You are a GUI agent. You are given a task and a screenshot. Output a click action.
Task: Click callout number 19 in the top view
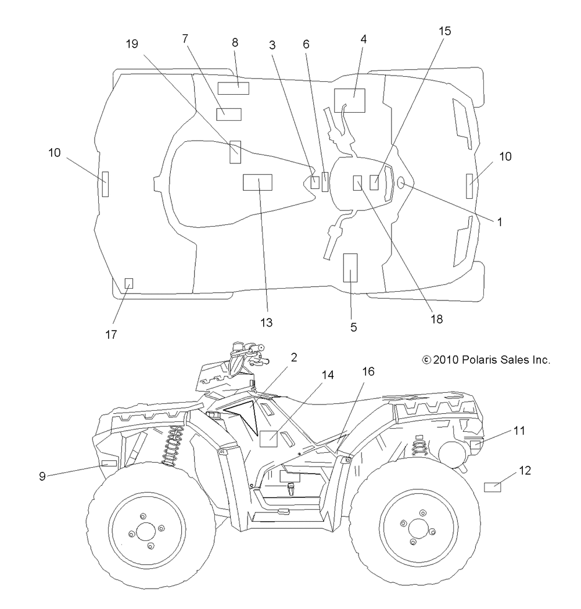pyautogui.click(x=132, y=44)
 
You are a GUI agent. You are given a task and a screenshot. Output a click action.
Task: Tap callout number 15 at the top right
pyautogui.click(x=444, y=31)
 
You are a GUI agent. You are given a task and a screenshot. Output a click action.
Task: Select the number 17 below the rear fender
pyautogui.click(x=111, y=334)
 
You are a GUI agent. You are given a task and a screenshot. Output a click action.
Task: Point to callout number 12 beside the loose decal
pyautogui.click(x=525, y=470)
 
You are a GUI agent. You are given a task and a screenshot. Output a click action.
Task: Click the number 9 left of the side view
pyautogui.click(x=42, y=476)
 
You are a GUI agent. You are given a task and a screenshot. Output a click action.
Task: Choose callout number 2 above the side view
pyautogui.click(x=294, y=357)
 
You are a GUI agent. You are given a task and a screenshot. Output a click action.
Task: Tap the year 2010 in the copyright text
pyautogui.click(x=446, y=360)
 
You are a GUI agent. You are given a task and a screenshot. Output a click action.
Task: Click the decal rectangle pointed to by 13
pyautogui.click(x=257, y=182)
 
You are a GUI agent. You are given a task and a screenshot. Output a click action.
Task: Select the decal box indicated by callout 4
pyautogui.click(x=350, y=100)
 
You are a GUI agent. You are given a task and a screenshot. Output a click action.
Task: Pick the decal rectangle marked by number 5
pyautogui.click(x=350, y=268)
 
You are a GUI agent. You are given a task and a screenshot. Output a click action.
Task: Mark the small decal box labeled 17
pyautogui.click(x=128, y=284)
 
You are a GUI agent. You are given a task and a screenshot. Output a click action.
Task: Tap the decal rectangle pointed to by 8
pyautogui.click(x=233, y=88)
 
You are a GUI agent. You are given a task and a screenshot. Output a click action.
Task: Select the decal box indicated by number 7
pyautogui.click(x=229, y=114)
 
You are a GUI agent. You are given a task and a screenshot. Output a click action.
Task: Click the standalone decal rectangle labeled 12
pyautogui.click(x=493, y=486)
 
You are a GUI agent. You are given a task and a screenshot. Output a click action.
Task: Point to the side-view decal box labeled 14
pyautogui.click(x=268, y=439)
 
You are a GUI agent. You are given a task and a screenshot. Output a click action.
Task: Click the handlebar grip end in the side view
pyautogui.click(x=261, y=348)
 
